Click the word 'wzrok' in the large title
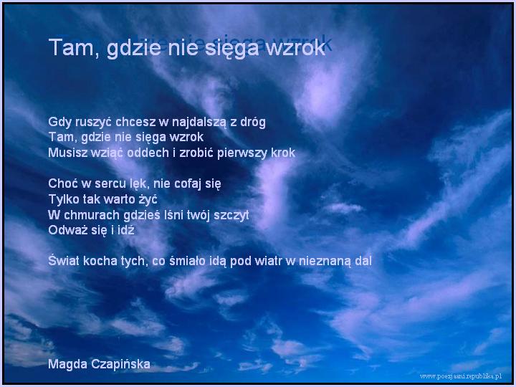(295, 48)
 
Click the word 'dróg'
(253, 122)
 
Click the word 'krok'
(282, 153)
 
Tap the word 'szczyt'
(231, 216)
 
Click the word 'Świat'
(64, 260)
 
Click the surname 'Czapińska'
(120, 364)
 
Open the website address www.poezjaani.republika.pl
(461, 376)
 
